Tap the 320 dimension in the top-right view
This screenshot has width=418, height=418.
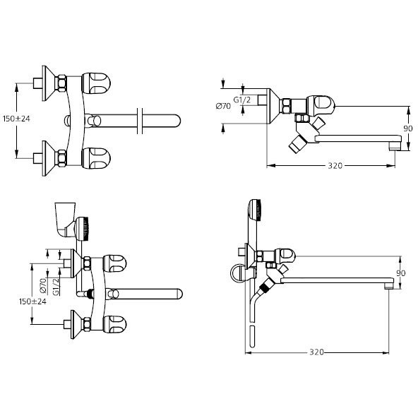coord(335,166)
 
